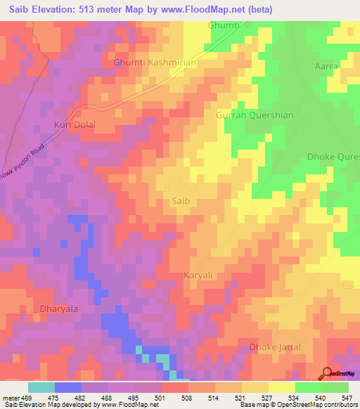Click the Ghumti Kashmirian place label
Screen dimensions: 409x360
click(155, 63)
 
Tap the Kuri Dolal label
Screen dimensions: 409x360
click(74, 124)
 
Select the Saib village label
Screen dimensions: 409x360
click(181, 201)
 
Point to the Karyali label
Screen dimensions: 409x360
click(198, 276)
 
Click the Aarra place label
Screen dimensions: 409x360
click(326, 65)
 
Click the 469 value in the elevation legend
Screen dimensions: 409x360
click(26, 398)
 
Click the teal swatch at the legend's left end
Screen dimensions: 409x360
click(41, 387)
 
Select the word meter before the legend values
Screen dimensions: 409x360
click(10, 398)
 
